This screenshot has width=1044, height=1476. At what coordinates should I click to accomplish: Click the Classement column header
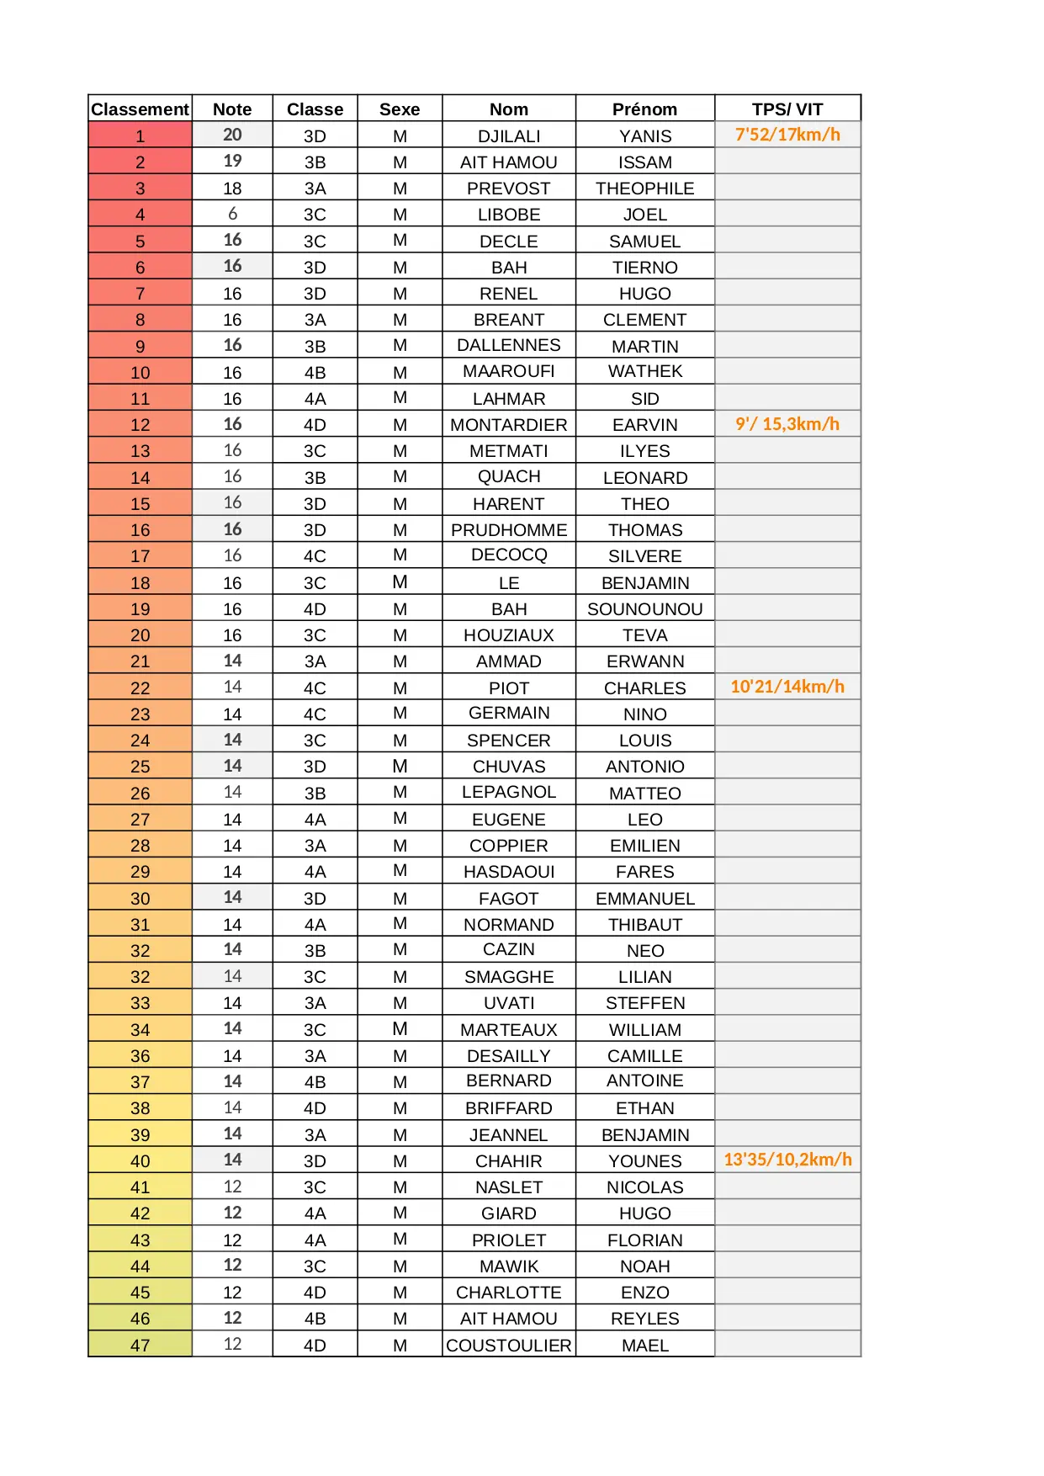point(140,109)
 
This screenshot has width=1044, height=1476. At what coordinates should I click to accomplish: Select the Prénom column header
point(644,109)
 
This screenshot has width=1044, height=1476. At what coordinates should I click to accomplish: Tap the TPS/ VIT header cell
point(787,109)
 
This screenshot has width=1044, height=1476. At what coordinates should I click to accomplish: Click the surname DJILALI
point(509,136)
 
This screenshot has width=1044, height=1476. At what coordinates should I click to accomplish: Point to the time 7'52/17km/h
point(787,135)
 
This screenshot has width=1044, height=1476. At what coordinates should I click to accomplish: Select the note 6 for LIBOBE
point(232,215)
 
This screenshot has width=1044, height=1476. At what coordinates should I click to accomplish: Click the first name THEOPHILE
point(644,188)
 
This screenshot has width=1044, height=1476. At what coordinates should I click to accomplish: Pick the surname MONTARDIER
point(509,425)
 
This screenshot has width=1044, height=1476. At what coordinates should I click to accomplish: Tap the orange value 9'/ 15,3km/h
point(787,424)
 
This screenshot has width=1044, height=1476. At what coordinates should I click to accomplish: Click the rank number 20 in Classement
point(140,635)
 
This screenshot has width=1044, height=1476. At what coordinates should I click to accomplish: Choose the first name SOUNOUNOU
point(644,609)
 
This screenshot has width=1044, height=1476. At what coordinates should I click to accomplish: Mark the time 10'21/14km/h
point(787,687)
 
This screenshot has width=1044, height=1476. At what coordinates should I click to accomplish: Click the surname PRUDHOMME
point(509,530)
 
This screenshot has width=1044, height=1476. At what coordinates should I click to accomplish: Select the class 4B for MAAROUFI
point(315,373)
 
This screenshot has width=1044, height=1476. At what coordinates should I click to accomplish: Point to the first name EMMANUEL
point(644,899)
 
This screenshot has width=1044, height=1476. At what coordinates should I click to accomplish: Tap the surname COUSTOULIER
point(509,1346)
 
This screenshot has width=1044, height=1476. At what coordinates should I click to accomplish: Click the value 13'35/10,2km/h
point(787,1160)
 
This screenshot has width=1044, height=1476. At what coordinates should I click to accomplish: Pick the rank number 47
point(140,1346)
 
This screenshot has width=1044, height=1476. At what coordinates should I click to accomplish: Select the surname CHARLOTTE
point(509,1293)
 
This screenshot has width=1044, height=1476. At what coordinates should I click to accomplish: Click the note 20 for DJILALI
point(232,135)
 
